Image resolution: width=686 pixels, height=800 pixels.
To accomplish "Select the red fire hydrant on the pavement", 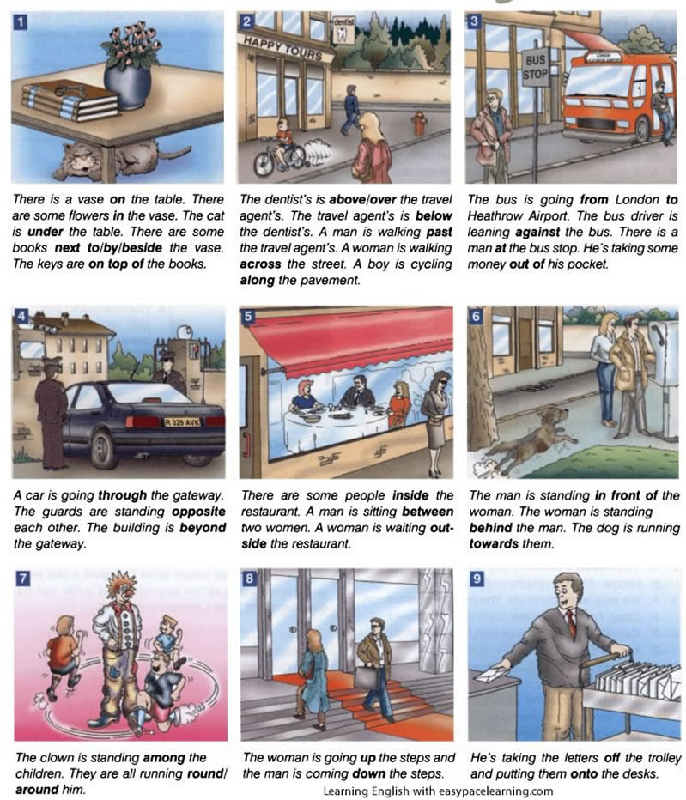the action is click(419, 124).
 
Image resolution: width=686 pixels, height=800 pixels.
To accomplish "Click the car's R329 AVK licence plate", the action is click(182, 422).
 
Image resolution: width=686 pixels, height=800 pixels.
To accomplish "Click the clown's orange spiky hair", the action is click(121, 585).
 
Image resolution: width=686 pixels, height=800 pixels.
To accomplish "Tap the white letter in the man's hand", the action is click(489, 674).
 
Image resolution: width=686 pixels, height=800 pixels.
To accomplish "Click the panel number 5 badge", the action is click(247, 317).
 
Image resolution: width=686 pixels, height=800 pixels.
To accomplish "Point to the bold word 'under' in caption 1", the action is click(46, 232).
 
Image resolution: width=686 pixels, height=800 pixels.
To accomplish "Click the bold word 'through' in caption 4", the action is click(123, 495).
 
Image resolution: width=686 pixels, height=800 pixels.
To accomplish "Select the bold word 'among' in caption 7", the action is click(164, 758).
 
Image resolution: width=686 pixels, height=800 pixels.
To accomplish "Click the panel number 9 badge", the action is click(477, 579).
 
